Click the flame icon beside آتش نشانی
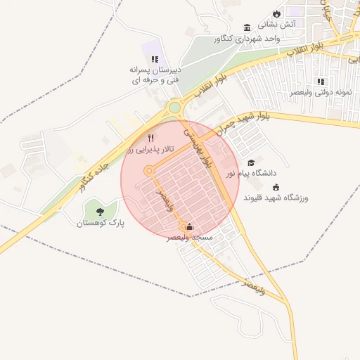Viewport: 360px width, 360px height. (277, 13)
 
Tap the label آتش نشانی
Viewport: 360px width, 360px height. (298, 24)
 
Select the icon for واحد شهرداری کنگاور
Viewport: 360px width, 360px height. (247, 27)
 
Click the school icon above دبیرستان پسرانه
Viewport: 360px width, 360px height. (155, 59)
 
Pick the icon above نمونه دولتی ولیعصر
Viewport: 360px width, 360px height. (321, 82)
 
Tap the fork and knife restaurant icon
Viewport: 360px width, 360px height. (150, 138)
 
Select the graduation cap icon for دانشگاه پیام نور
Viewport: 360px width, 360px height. (251, 162)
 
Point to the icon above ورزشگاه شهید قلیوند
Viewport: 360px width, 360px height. (276, 187)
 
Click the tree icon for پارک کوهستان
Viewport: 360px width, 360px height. (100, 210)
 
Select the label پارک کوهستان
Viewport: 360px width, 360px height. (100, 222)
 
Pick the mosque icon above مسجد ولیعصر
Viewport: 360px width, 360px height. (188, 227)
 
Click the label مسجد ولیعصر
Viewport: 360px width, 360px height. (189, 238)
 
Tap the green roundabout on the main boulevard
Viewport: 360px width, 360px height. (174, 108)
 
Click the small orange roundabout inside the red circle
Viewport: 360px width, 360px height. (149, 171)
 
